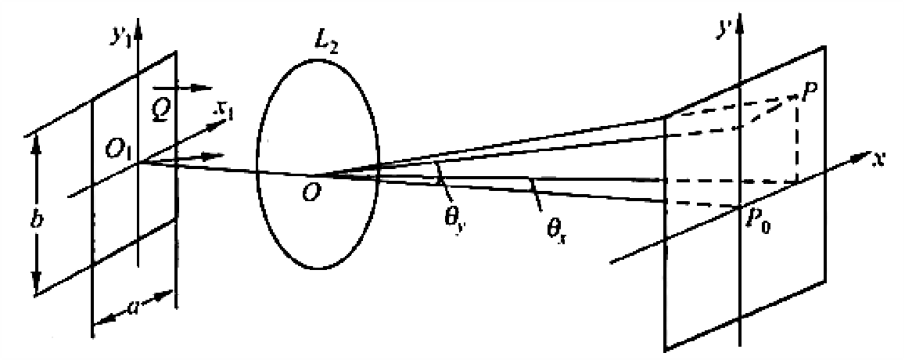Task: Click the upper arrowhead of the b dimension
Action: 35,139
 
